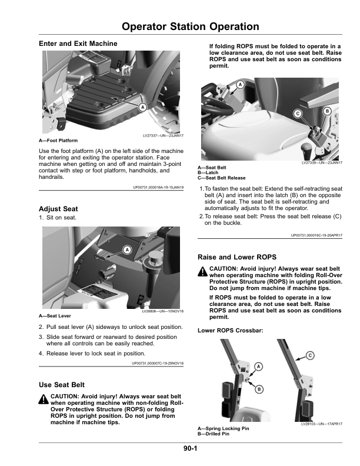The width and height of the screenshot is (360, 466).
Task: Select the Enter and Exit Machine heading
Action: pos(78,44)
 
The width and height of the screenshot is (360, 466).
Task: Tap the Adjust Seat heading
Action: pos(58,209)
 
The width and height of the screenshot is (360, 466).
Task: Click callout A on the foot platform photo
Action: pos(142,107)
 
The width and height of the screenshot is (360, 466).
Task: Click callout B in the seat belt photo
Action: pos(327,111)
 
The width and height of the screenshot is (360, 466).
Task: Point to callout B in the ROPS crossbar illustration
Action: pos(259,389)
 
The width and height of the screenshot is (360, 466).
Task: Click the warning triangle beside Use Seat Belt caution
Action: pos(44,400)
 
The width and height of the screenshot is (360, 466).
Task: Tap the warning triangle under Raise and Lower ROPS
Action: pos(203,271)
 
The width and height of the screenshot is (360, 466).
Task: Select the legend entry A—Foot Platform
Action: pos(58,141)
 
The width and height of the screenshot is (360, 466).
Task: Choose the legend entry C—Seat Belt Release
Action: pos(222,178)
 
